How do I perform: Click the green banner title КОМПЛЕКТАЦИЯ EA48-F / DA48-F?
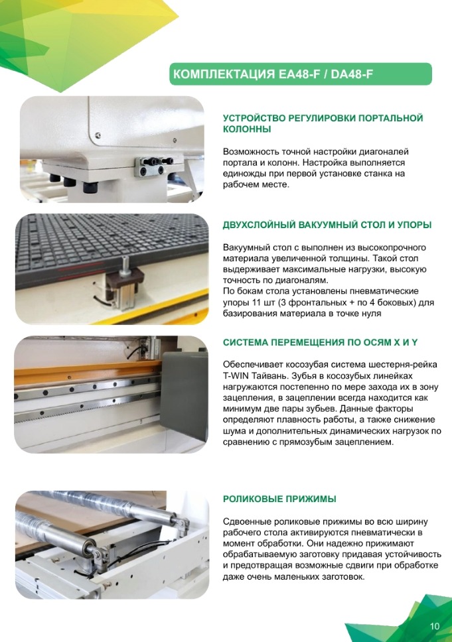pos(273,74)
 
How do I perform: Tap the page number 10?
pos(434,626)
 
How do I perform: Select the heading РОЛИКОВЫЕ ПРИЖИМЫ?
pos(279,499)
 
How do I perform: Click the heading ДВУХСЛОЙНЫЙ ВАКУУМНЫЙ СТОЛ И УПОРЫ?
pos(327,225)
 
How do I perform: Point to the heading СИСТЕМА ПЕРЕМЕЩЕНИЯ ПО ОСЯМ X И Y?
pos(320,342)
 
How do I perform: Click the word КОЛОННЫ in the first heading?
pos(247,129)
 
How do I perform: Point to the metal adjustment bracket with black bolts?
pos(154,165)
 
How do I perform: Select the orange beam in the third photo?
pos(86,372)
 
